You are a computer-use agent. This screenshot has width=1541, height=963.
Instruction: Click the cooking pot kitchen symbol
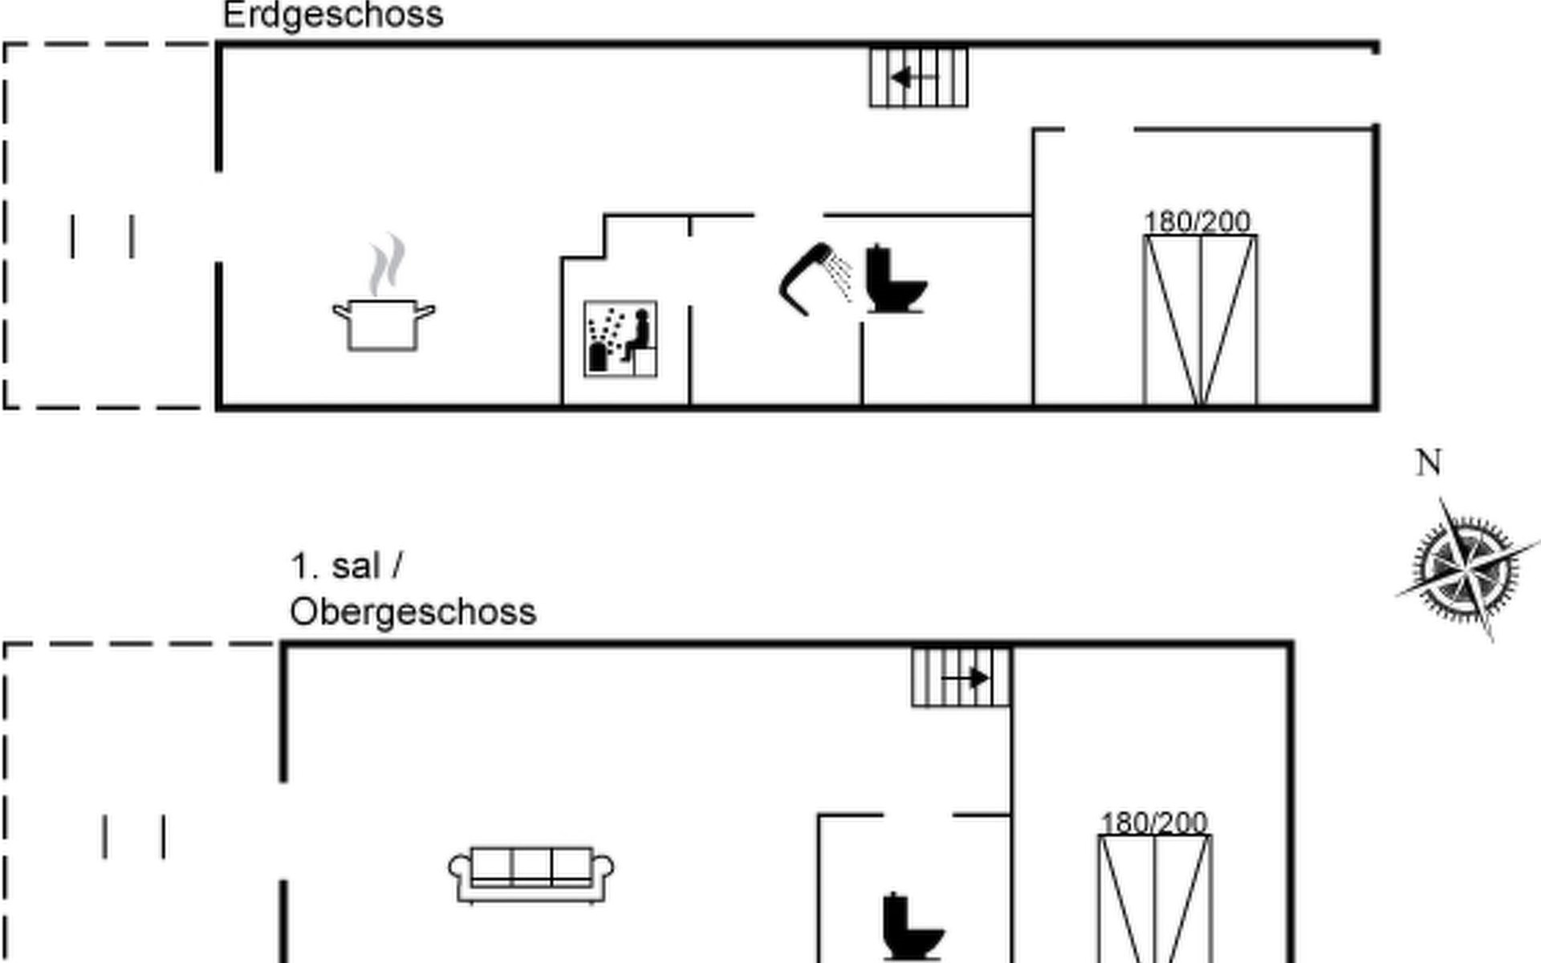pos(384,317)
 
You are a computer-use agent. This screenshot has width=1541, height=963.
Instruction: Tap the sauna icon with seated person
pos(620,339)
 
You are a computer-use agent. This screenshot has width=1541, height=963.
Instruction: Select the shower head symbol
pos(812,278)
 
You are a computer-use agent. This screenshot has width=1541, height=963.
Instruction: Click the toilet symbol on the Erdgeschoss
pos(894,279)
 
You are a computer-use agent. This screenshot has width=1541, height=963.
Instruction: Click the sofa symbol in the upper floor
pos(531,874)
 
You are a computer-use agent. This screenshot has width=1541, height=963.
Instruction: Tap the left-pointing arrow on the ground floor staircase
pos(913,78)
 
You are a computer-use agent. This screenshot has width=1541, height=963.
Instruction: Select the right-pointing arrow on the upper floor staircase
pos(967,678)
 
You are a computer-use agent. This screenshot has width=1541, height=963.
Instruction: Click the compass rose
pos(1466,569)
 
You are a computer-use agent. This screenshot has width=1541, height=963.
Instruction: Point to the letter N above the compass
pos(1429,463)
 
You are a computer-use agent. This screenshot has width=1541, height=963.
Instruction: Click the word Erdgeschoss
pos(332,15)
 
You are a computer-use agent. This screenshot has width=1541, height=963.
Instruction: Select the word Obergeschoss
pos(413,612)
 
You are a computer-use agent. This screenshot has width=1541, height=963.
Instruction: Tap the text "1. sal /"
pos(346,567)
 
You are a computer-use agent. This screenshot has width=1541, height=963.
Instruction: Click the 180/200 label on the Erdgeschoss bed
pos(1197,221)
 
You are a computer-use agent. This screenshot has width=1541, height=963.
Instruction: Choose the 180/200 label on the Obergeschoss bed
pos(1153,823)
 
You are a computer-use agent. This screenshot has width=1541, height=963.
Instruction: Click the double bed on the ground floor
pos(1200,321)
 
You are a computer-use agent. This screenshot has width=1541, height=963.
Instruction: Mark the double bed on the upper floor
pos(1155,899)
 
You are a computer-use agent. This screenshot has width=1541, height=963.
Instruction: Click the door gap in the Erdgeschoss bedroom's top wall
pos(1100,128)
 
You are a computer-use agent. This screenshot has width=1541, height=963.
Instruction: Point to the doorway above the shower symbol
pos(789,215)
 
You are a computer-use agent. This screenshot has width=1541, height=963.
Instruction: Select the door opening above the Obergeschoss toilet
pos(918,815)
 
